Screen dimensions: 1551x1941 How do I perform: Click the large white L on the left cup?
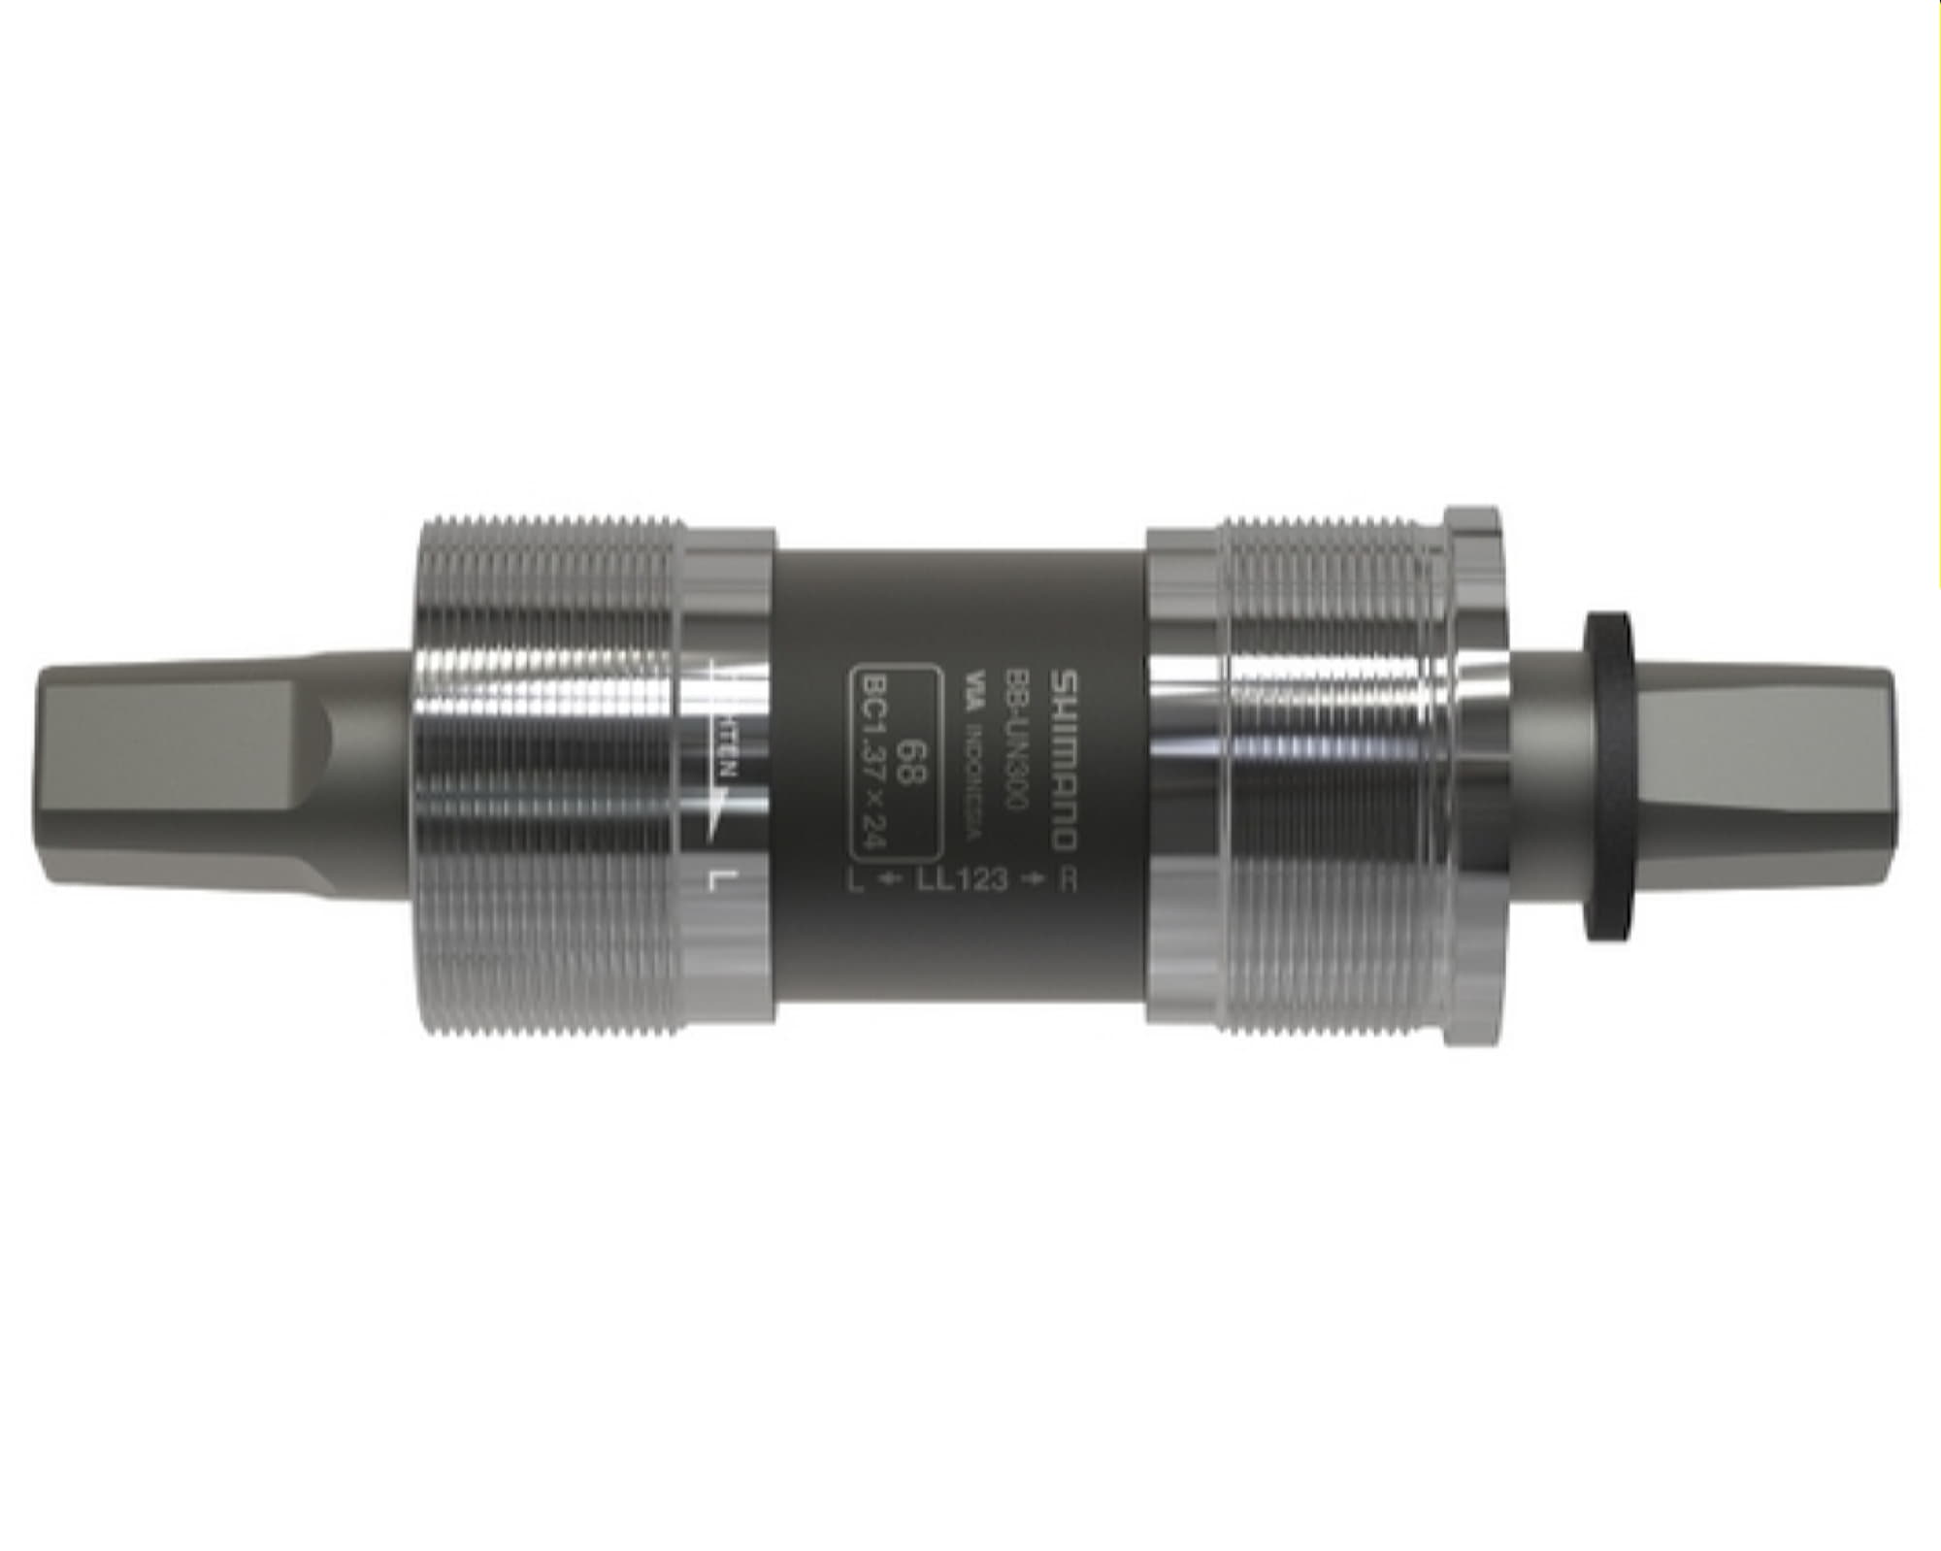720,880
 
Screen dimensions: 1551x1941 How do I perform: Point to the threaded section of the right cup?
1330,776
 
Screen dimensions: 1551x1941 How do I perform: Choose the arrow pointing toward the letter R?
1037,879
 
